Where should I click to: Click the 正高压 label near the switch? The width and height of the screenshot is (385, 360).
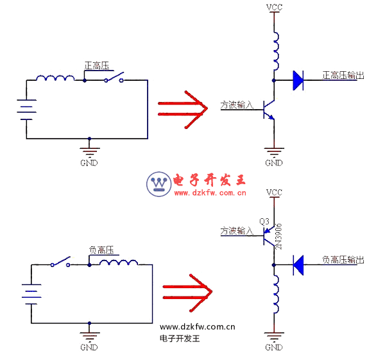coord(97,65)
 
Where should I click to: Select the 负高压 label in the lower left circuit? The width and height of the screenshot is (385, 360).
coord(101,250)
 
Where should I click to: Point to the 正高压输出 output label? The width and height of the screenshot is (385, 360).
coord(343,75)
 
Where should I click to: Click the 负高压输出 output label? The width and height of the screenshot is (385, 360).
coord(343,260)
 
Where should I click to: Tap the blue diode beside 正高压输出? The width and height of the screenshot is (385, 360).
coord(298,80)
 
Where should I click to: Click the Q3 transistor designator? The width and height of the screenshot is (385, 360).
coord(264,221)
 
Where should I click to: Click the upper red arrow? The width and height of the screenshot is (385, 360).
coord(182,107)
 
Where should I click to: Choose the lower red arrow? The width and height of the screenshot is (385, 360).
coord(186,293)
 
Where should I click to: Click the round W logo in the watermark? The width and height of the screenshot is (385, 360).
coord(158,184)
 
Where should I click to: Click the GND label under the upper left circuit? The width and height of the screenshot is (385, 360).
coord(89,163)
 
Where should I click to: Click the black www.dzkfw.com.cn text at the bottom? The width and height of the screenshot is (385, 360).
coord(198,327)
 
